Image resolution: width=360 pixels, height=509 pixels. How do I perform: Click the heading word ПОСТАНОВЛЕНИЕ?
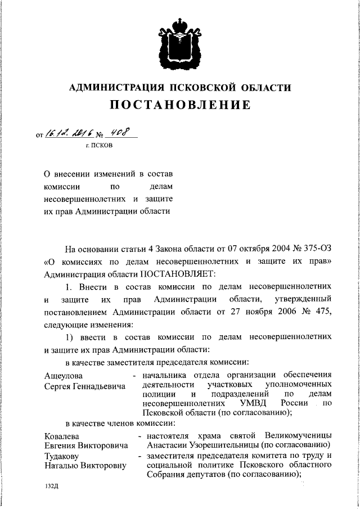(179, 105)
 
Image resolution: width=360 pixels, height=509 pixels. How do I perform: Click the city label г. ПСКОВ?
(99, 145)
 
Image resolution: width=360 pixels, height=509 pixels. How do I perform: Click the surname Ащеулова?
(63, 375)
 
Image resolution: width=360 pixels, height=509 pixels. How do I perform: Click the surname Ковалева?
(62, 436)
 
